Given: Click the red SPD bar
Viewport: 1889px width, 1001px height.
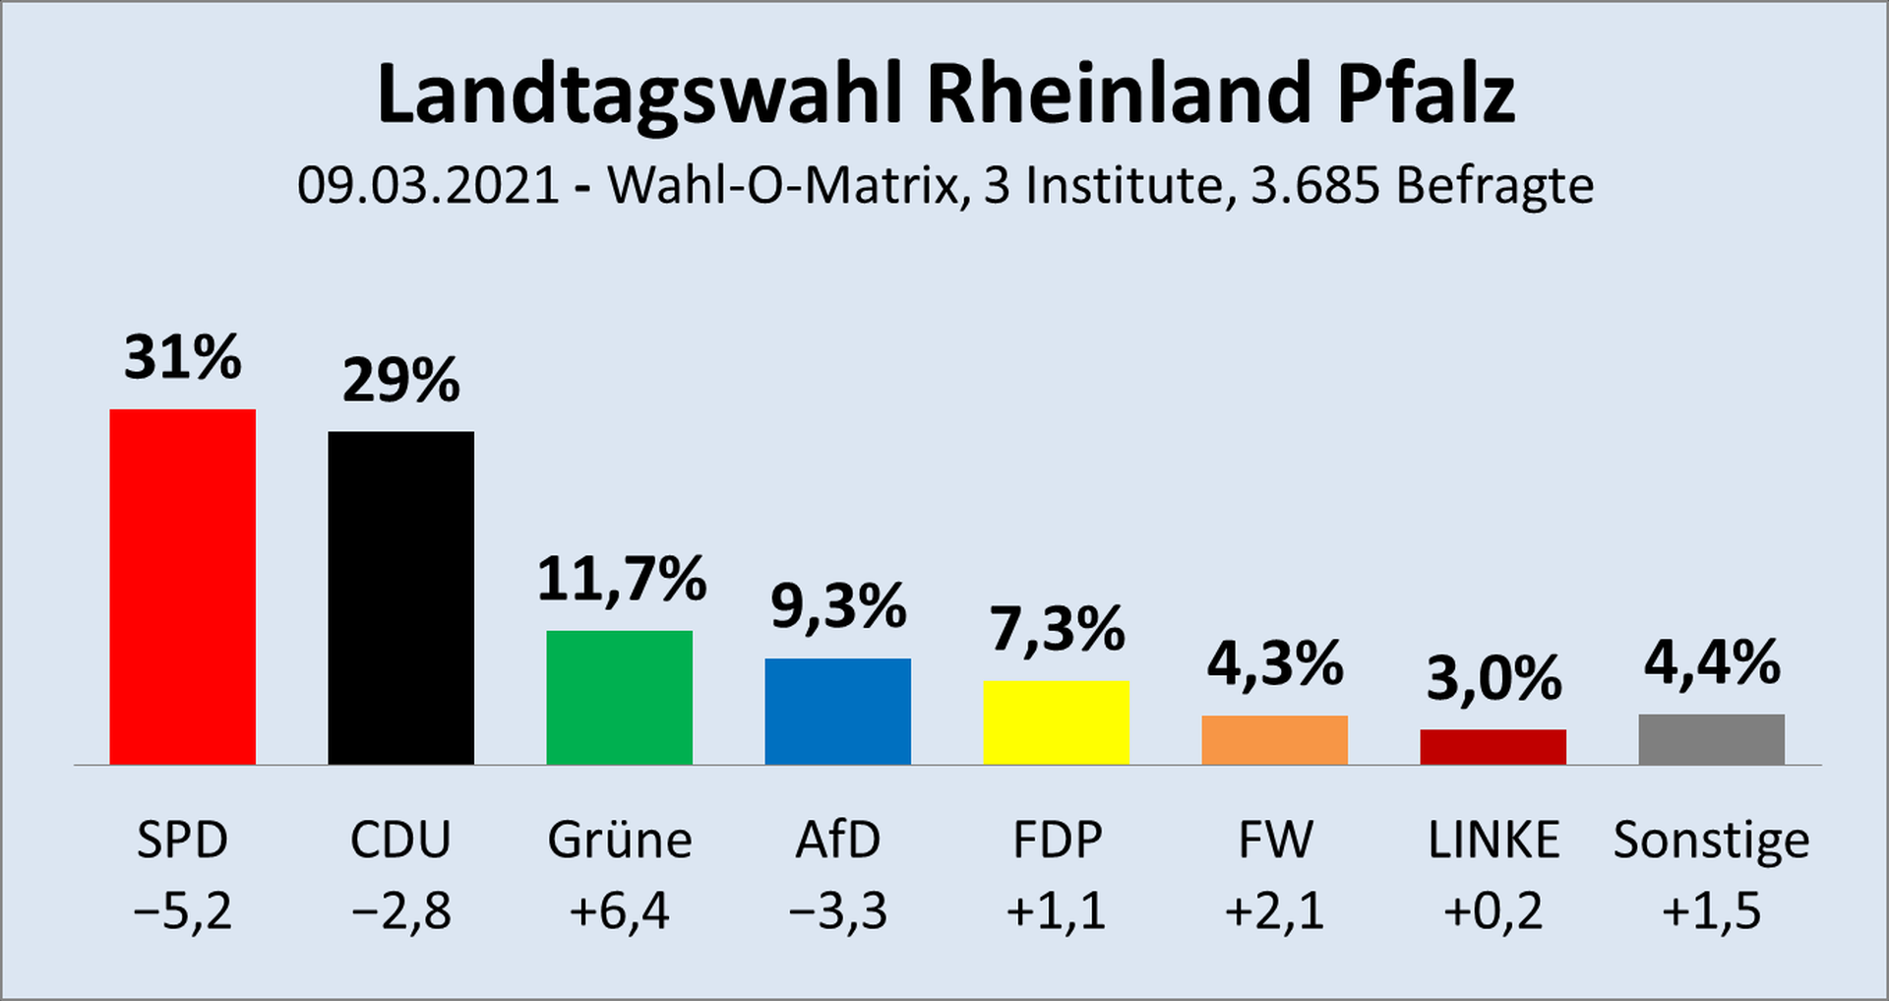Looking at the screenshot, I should pos(182,587).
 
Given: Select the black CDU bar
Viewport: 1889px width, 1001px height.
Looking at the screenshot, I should pos(400,597).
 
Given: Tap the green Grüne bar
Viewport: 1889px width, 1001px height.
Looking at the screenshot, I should pos(619,697).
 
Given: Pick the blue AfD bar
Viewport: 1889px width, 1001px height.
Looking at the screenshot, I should pos(837,711).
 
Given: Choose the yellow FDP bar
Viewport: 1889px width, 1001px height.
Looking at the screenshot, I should pos(1056,721).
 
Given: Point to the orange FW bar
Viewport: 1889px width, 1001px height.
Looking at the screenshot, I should pos(1274,739).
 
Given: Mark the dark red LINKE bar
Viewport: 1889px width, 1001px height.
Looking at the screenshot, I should pos(1493,746).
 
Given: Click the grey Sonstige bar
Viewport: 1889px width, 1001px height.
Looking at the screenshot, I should pos(1711,738).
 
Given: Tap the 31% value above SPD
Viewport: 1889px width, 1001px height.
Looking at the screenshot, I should pos(182,356).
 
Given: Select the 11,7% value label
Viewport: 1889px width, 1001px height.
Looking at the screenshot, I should pos(621,579).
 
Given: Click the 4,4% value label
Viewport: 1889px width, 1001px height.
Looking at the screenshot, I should pos(1712,662).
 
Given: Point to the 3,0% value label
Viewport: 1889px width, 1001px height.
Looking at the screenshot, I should pos(1493,678).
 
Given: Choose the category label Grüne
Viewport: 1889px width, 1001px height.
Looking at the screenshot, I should pos(619,841).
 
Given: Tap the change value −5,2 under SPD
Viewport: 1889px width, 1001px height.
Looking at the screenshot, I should pos(182,911).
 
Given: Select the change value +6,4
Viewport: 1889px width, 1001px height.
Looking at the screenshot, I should pos(619,911).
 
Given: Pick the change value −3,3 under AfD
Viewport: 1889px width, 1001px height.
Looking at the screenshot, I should pos(837,911).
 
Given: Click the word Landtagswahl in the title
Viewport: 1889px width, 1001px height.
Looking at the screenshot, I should pos(639,94).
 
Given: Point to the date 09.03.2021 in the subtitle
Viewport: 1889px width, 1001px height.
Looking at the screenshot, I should pos(428,185).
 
